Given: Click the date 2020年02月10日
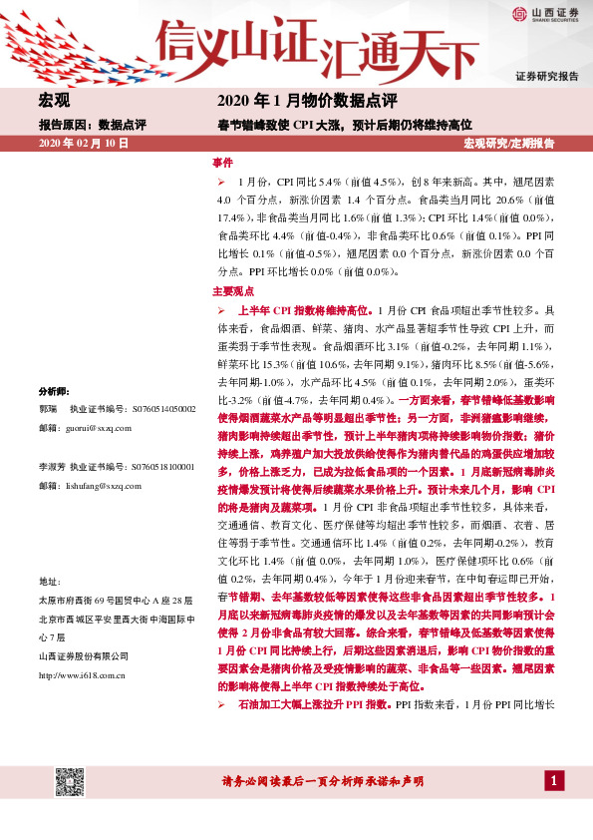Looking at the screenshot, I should pyautogui.click(x=84, y=144).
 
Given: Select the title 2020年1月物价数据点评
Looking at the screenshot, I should pyautogui.click(x=307, y=102).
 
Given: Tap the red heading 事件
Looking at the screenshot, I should pyautogui.click(x=222, y=162).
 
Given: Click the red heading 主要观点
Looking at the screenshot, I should pyautogui.click(x=233, y=292).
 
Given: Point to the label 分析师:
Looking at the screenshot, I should pyautogui.click(x=55, y=391).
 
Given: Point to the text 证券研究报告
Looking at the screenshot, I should pyautogui.click(x=547, y=77).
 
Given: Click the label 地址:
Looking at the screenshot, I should pyautogui.click(x=50, y=581).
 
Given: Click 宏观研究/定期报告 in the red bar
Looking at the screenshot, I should pyautogui.click(x=509, y=144).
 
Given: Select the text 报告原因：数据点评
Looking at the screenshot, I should pyautogui.click(x=93, y=125).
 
